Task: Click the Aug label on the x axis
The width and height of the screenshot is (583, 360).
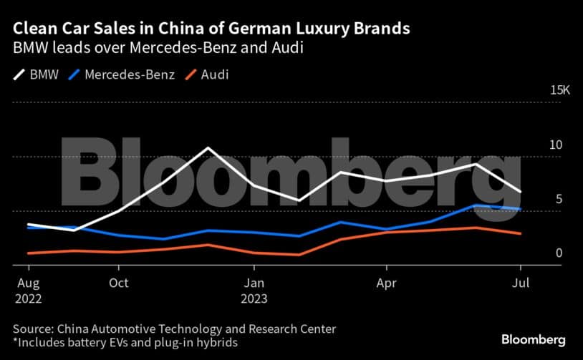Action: tap(26, 283)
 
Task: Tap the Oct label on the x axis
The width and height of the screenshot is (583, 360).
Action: tap(119, 283)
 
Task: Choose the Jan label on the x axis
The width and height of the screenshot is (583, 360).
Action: tap(253, 283)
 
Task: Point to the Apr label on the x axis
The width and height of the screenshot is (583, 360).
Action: tap(387, 283)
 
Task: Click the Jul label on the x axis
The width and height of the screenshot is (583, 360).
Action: tap(521, 283)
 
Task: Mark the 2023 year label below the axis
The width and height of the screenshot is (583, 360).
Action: tap(254, 298)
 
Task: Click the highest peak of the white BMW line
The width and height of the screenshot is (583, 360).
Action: tap(208, 148)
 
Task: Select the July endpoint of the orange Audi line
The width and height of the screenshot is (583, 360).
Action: tap(521, 233)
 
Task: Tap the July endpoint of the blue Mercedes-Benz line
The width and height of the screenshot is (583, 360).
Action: tap(521, 209)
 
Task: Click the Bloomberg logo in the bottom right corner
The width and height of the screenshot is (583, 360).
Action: tap(534, 339)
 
